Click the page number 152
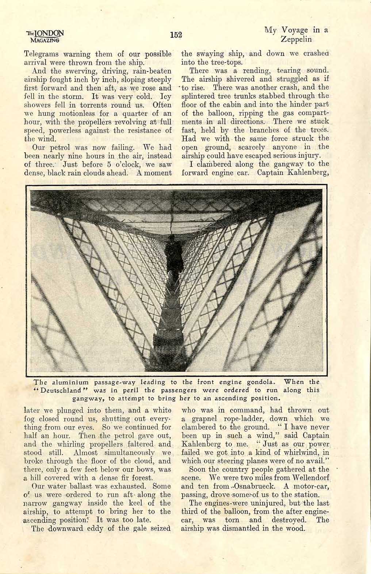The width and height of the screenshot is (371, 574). coord(176,35)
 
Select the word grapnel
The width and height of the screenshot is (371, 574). coord(203,419)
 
